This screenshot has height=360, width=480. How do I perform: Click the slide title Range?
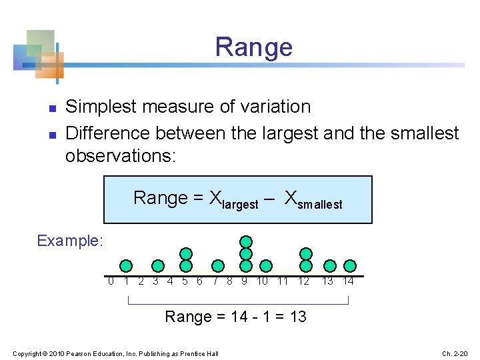[253, 47]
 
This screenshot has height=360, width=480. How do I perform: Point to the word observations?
[117, 157]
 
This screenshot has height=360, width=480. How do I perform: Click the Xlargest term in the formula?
[233, 199]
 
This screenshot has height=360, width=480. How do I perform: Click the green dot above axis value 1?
[126, 266]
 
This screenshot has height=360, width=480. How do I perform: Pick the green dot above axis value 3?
[158, 266]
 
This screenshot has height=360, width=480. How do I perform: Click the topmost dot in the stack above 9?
[246, 241]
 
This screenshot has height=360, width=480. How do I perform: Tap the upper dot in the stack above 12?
[306, 253]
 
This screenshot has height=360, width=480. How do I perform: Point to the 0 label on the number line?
[111, 281]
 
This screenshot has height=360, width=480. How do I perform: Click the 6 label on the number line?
[199, 281]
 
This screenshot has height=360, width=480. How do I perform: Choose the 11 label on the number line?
[283, 281]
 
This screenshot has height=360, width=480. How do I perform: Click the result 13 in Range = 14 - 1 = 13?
[297, 317]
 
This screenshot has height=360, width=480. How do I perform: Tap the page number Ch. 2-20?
[456, 353]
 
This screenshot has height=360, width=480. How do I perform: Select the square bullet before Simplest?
[51, 107]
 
